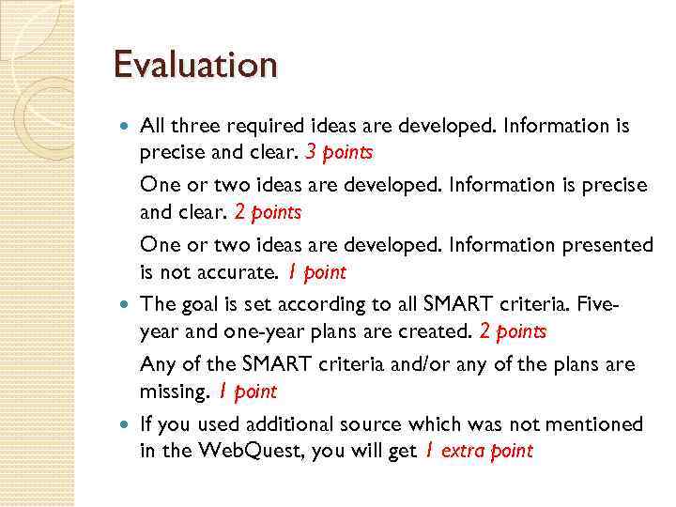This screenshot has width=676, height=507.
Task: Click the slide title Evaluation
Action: click(195, 66)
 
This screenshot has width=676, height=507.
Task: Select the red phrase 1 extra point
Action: click(478, 451)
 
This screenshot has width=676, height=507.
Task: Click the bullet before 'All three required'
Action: click(127, 126)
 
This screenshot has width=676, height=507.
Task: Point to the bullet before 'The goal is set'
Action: click(127, 304)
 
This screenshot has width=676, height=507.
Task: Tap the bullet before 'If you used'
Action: click(127, 424)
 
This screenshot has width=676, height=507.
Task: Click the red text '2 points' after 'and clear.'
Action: click(268, 213)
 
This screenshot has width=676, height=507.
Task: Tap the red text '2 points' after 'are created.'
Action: click(513, 331)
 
